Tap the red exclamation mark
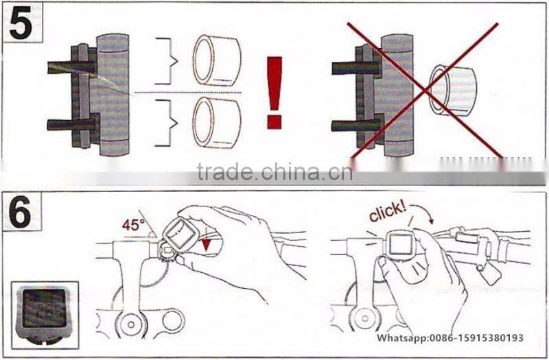pos(274,93)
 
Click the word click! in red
pos(388,211)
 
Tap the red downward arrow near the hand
pos(207,244)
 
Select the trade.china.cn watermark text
pos(274,171)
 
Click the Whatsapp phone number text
pos(450,337)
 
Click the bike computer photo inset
pos(45,315)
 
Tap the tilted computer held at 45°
pos(178,234)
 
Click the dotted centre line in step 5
pos(188,93)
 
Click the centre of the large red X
pos(425,92)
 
